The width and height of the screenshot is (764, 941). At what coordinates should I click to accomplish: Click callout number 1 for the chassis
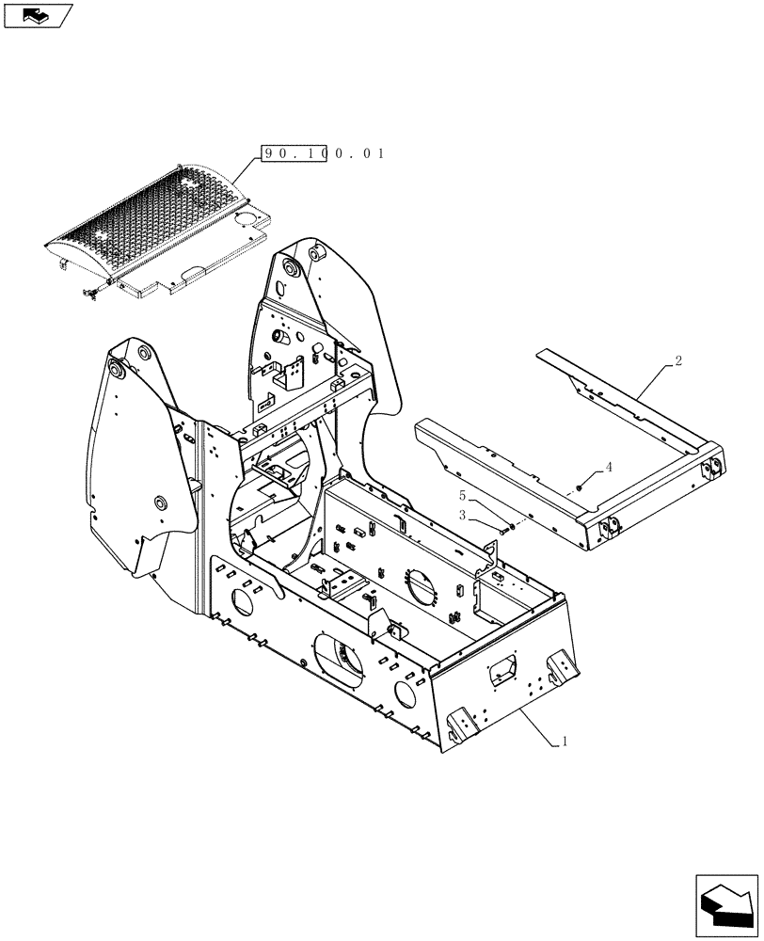coord(564,742)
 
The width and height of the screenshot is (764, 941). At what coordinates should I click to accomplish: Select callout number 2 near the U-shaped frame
coord(678,360)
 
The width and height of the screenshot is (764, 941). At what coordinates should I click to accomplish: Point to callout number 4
coord(609,467)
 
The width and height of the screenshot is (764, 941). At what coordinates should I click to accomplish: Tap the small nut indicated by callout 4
coord(581,486)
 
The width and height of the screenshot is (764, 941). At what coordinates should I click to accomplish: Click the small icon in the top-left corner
coord(37,14)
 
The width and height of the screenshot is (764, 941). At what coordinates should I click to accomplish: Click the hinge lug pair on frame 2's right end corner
coord(711,467)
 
